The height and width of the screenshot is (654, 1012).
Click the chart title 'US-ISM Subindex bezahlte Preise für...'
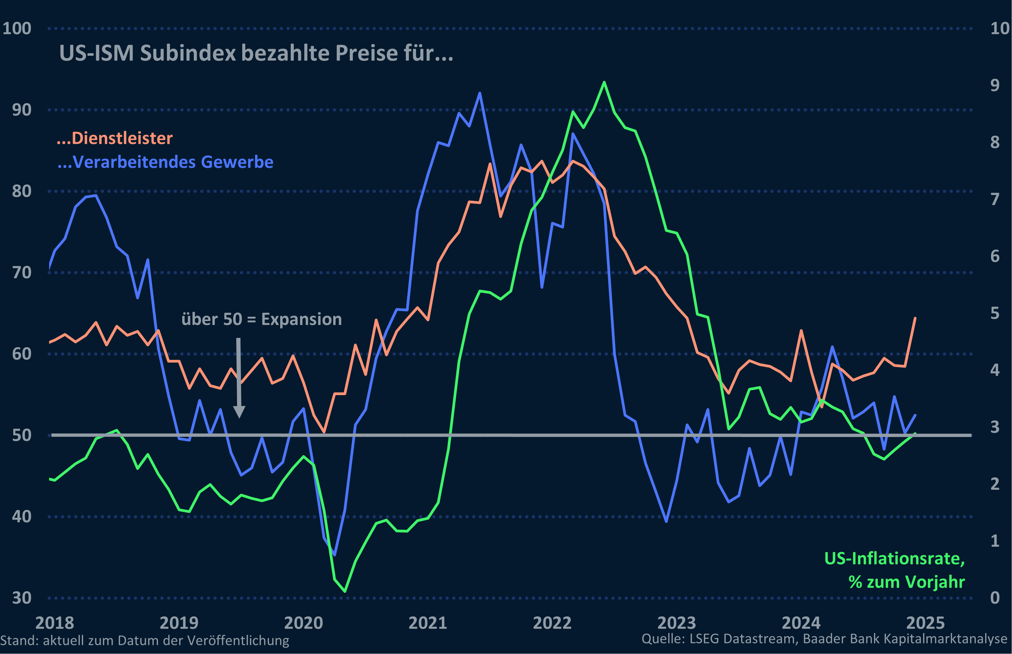pos(256,54)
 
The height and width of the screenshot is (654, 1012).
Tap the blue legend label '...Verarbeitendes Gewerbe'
pos(166,162)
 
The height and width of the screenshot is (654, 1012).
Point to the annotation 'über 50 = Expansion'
pos(262,319)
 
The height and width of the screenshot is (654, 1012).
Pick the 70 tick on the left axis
pos(22,273)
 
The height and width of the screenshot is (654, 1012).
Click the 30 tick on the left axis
pos(22,598)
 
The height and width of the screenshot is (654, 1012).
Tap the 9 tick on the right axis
pos(995,85)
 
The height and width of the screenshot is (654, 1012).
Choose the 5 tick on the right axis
pos(995,313)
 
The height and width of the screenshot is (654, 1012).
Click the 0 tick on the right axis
pos(995,598)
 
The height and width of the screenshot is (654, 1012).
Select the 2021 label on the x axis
pos(428,623)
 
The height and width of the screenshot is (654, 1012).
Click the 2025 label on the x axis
pos(926,623)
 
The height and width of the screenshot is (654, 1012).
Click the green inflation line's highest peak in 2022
pos(604,82)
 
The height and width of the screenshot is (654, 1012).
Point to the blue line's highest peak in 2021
pos(480,93)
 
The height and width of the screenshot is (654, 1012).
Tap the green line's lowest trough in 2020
pos(345,591)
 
